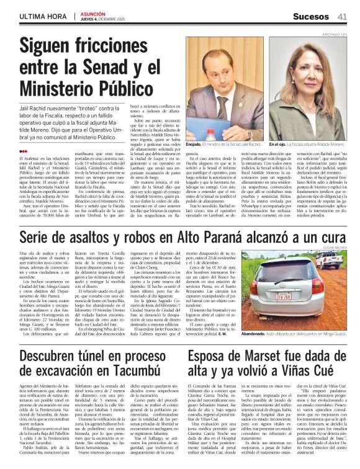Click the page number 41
pos(342,16)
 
